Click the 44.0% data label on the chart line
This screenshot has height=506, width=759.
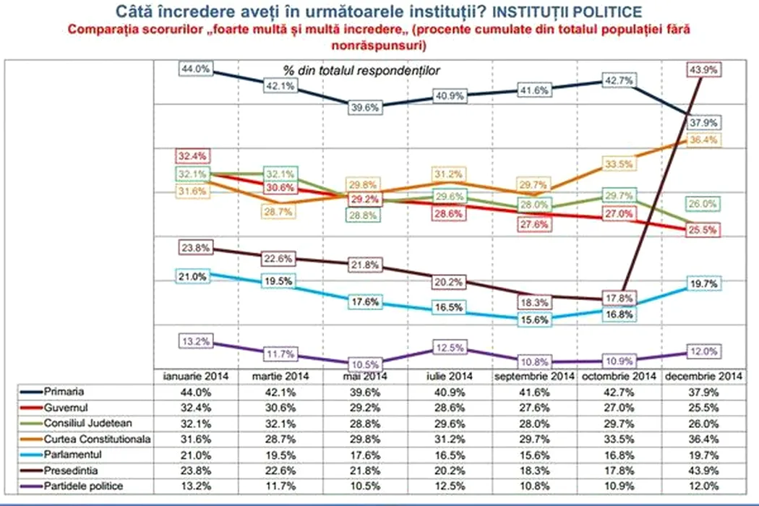pos(195,69)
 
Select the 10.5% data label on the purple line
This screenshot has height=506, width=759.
pos(364,364)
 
